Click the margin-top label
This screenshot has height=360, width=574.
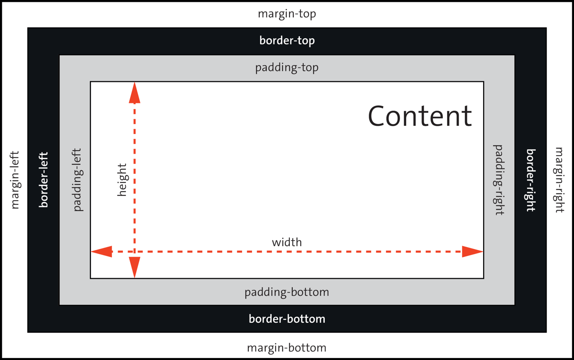coord(287,14)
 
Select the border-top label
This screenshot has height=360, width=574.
coord(287,41)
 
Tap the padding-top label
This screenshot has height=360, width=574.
coord(287,68)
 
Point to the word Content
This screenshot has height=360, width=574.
coord(420,116)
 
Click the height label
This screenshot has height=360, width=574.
coord(121,180)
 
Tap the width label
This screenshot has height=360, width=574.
coord(287,242)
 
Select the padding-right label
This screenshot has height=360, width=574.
coord(499,180)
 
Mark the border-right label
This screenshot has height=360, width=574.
coord(530,180)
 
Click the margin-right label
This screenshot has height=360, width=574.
coord(559,180)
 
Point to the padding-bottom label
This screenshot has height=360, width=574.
coord(287,292)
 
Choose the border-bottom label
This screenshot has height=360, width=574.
coord(287,319)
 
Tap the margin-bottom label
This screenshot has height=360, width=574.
coord(287,348)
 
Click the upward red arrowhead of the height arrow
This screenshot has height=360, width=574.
coord(135,92)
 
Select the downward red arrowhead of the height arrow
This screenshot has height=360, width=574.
coord(135,267)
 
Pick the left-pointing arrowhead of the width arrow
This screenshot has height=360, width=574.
coord(101,251)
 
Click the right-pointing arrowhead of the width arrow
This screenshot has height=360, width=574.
coord(473,251)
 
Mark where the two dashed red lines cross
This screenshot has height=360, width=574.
coord(135,251)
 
